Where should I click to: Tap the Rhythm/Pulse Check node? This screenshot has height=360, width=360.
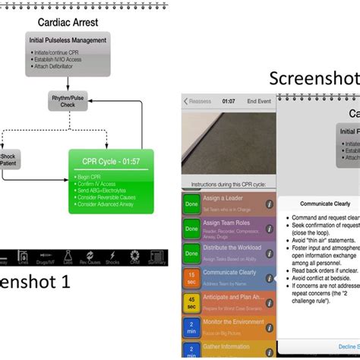tap(68, 101)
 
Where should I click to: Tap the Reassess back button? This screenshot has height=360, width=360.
tap(199, 100)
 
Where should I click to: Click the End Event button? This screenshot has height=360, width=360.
tap(258, 100)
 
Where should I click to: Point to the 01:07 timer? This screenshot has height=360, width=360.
tap(228, 100)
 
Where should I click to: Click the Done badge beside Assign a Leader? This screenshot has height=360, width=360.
tap(192, 204)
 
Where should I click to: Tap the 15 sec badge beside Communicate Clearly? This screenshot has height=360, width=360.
tap(192, 276)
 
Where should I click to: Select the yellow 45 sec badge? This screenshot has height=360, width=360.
tap(192, 302)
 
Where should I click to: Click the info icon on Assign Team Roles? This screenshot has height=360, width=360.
tap(269, 228)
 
